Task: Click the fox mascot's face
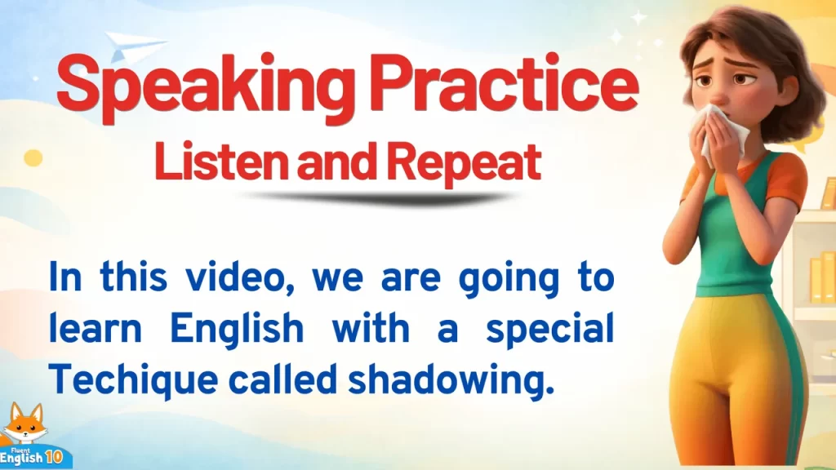click(x=24, y=424)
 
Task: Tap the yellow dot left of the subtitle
click(x=33, y=157)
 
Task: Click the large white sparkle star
click(x=638, y=17)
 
